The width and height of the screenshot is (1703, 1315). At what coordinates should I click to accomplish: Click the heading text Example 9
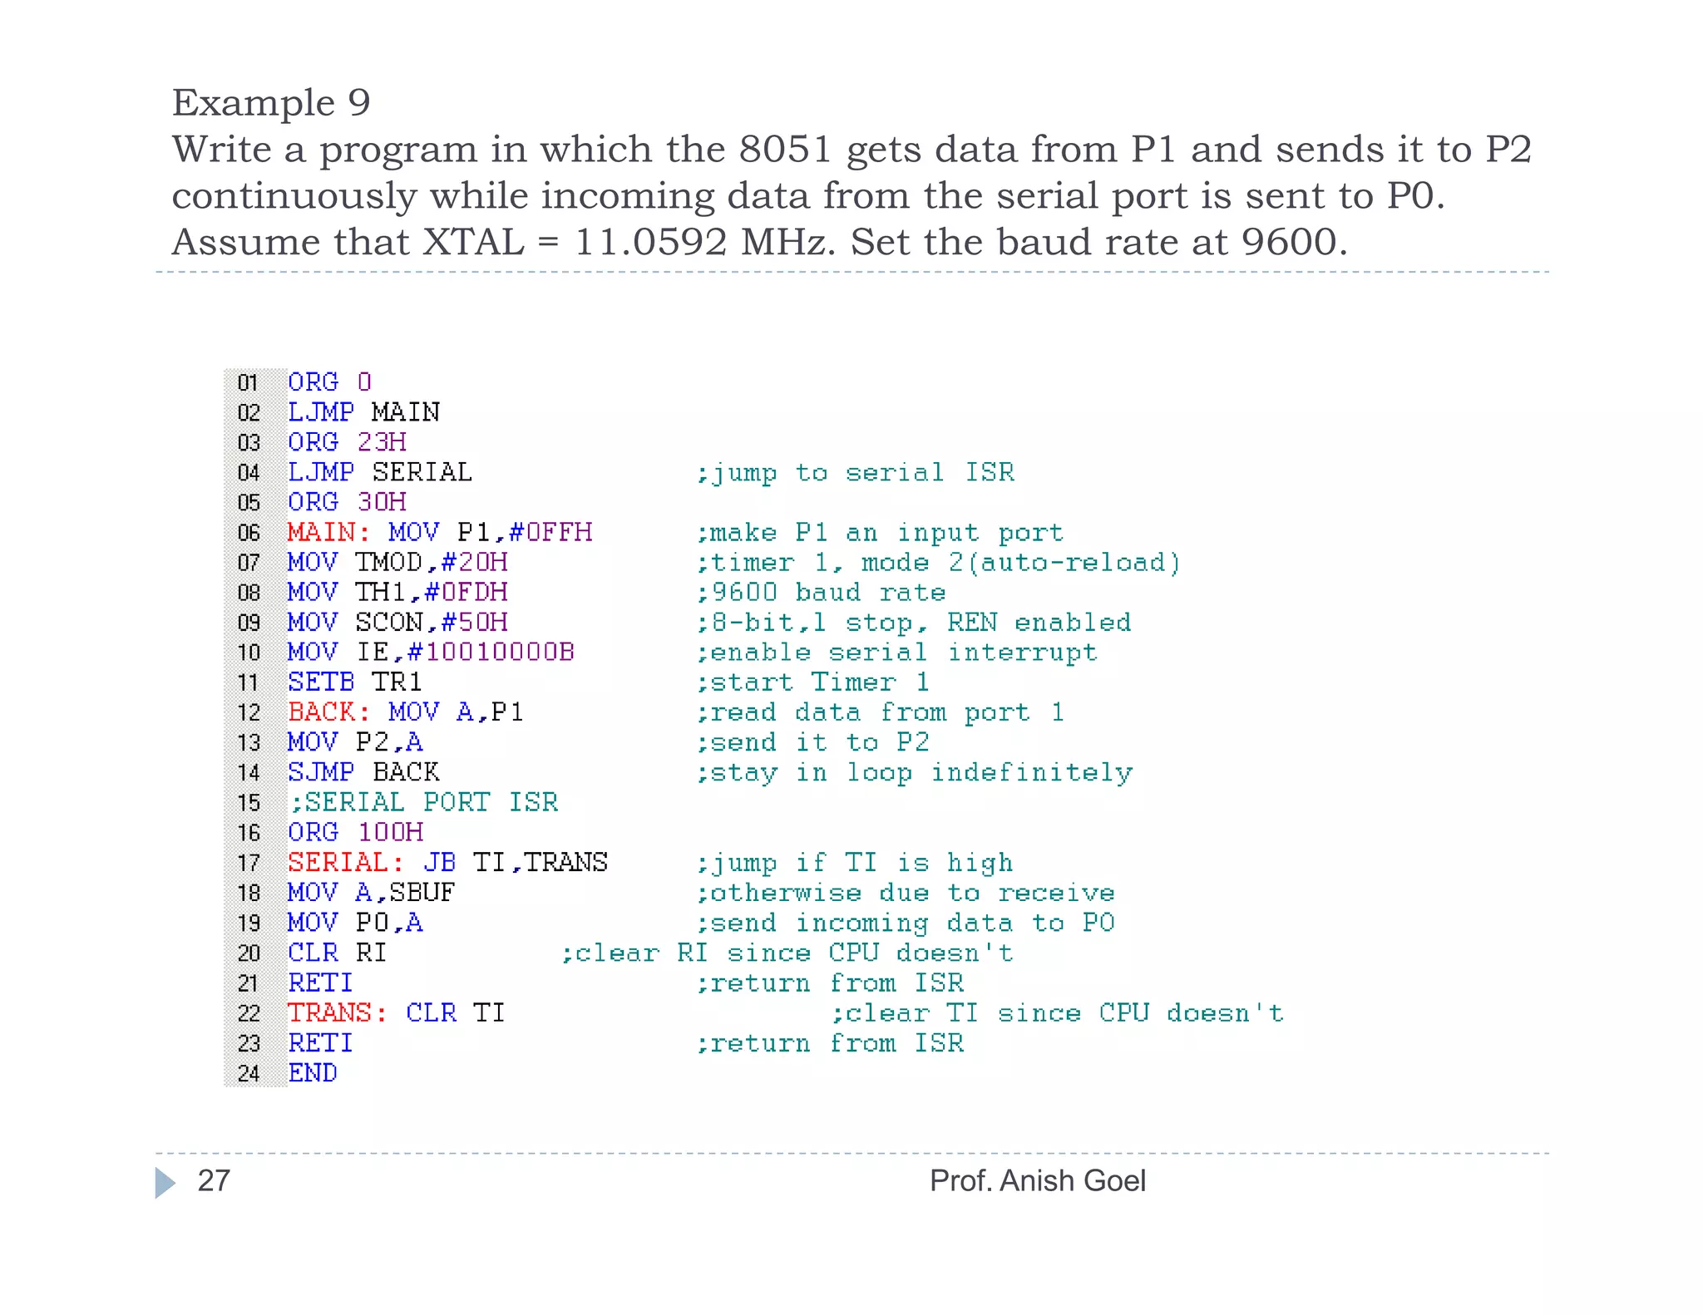click(271, 103)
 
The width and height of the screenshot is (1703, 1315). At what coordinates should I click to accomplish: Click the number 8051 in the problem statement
click(785, 150)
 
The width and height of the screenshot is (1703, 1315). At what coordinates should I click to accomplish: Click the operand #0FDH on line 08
click(466, 592)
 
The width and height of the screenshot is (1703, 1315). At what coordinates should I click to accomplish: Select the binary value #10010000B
click(491, 652)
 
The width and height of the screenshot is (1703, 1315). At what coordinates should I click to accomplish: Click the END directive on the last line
click(313, 1073)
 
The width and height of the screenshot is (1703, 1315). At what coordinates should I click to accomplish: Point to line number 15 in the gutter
click(249, 803)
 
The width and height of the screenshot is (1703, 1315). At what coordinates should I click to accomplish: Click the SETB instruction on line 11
click(321, 682)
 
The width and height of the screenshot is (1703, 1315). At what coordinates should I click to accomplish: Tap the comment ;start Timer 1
click(812, 682)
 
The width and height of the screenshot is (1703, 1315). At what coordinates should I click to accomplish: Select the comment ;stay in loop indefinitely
click(914, 772)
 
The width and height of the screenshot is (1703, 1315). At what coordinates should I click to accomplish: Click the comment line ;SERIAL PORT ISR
click(423, 802)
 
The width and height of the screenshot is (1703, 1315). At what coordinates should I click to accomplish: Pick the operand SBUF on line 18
click(422, 892)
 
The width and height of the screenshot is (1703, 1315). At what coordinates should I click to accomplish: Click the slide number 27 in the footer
click(214, 1180)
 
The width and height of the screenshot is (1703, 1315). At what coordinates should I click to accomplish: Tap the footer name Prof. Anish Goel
click(1037, 1180)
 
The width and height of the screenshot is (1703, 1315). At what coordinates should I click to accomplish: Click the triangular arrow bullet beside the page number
click(165, 1182)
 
